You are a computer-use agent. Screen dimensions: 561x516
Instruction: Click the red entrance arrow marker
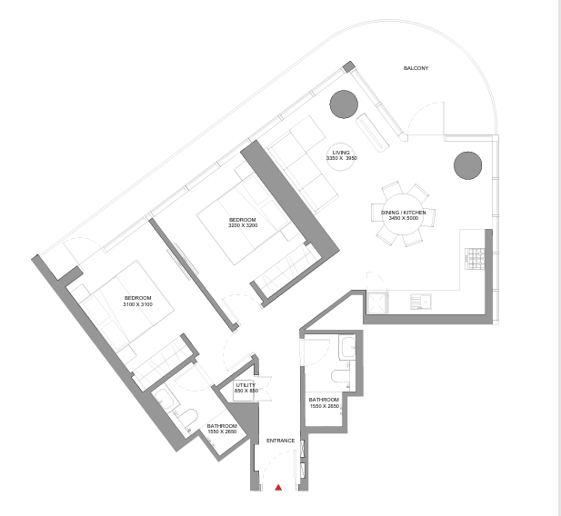[278, 488]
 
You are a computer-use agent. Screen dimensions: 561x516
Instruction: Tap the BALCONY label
[416, 68]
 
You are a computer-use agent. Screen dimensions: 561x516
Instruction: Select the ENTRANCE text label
[280, 441]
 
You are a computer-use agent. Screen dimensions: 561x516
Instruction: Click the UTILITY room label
[245, 385]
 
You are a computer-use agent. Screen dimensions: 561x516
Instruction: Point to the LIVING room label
[341, 153]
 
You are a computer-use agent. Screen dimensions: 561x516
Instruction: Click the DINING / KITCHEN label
[403, 213]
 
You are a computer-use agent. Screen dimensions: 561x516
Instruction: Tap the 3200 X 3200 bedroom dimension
[243, 225]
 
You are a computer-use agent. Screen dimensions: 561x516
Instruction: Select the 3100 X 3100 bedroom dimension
[137, 304]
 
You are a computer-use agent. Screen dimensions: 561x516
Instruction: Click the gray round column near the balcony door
[344, 104]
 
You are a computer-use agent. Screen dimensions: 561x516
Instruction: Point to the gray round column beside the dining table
[467, 165]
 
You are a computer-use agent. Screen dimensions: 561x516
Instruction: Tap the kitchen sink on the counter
[421, 302]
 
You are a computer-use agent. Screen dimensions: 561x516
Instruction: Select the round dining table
[403, 214]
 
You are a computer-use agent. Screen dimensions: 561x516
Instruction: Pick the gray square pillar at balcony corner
[348, 66]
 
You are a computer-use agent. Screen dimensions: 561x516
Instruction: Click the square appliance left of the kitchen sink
[377, 303]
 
